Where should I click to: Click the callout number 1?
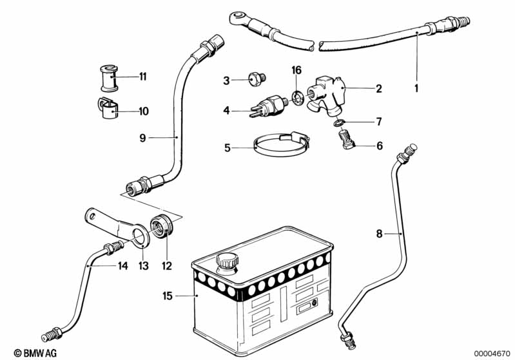416,88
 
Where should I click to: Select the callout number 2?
378,88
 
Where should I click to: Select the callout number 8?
380,233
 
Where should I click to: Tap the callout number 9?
143,137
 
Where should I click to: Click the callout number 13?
142,265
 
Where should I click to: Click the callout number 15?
168,296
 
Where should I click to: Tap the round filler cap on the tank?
226,262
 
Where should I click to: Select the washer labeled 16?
298,98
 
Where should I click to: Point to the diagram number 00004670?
492,353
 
